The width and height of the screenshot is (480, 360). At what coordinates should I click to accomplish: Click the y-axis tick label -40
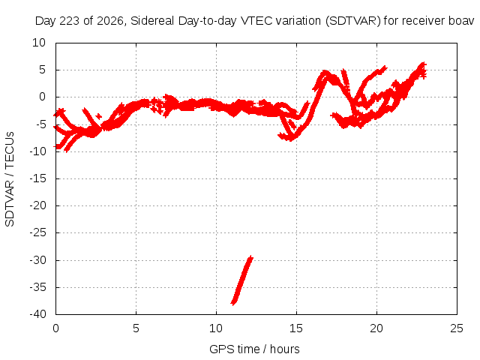pyautogui.click(x=38, y=314)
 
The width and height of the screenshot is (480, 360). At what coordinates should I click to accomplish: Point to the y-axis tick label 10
pyautogui.click(x=39, y=43)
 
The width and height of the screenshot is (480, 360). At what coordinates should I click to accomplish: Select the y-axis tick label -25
pyautogui.click(x=38, y=232)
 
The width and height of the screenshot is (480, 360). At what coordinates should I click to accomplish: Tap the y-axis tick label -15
pyautogui.click(x=38, y=178)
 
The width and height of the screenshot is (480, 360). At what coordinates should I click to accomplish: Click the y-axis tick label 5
pyautogui.click(x=43, y=70)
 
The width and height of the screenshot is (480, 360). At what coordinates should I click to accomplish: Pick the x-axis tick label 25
pyautogui.click(x=457, y=328)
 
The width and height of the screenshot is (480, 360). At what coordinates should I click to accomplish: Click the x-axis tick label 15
pyautogui.click(x=296, y=328)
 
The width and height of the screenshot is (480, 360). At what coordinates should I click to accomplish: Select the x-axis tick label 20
pyautogui.click(x=376, y=328)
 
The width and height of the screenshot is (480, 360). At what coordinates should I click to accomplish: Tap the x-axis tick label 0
pyautogui.click(x=55, y=328)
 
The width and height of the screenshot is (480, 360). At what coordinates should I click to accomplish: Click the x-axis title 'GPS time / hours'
pyautogui.click(x=254, y=349)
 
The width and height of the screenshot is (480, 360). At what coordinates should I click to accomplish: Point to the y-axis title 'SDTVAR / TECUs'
pyautogui.click(x=10, y=179)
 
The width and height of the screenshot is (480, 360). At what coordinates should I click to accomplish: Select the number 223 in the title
pyautogui.click(x=70, y=21)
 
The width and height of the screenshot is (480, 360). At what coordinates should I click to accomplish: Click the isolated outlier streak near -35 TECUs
pyautogui.click(x=242, y=280)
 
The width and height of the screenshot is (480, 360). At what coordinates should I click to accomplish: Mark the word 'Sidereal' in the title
pyautogui.click(x=152, y=21)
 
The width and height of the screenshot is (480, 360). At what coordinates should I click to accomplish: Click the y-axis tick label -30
pyautogui.click(x=38, y=260)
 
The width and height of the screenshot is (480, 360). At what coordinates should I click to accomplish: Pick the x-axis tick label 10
pyautogui.click(x=216, y=328)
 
